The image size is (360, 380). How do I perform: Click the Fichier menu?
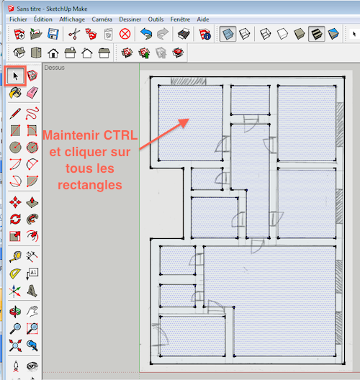pyautogui.click(x=18, y=19)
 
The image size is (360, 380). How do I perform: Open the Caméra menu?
pyautogui.click(x=102, y=19)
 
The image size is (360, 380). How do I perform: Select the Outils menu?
pyautogui.click(x=156, y=19)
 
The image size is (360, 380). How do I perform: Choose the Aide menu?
pyautogui.click(x=203, y=19)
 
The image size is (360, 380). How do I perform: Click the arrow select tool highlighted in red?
pyautogui.click(x=15, y=76)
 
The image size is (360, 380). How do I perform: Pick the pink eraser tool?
pyautogui.click(x=32, y=93)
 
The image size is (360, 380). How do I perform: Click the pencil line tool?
pyautogui.click(x=15, y=114)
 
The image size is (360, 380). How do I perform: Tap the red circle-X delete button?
pyautogui.click(x=125, y=34)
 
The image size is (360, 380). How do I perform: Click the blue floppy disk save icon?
pyautogui.click(x=53, y=34)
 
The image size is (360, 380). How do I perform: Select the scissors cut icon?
pyautogui.click(x=74, y=34)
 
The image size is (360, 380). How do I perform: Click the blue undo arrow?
pyautogui.click(x=146, y=34)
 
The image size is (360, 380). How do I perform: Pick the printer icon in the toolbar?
pyautogui.click(x=184, y=34)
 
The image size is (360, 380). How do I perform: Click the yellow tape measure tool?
pyautogui.click(x=15, y=257)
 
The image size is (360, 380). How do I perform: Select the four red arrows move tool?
pyautogui.click(x=15, y=202)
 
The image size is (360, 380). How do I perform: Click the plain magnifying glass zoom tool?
pyautogui.click(x=15, y=329)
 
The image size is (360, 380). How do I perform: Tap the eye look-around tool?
pyautogui.click(x=32, y=366)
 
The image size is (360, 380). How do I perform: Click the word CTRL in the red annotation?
pyautogui.click(x=120, y=135)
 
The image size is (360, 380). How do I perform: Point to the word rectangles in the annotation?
pyautogui.click(x=90, y=185)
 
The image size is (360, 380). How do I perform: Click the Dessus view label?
pyautogui.click(x=54, y=68)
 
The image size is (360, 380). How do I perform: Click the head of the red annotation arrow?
pyautogui.click(x=189, y=119)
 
